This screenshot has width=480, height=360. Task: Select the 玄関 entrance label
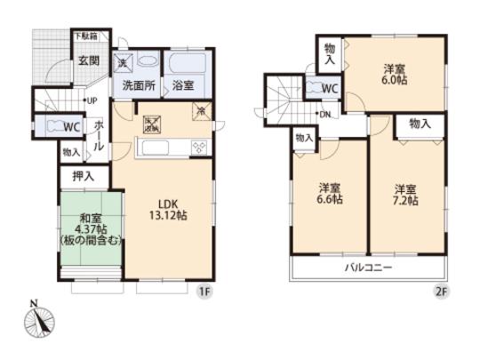[87, 60]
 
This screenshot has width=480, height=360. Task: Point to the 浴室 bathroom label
[184, 86]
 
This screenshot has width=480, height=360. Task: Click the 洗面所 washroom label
[140, 86]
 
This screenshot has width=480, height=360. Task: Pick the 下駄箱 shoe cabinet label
[86, 37]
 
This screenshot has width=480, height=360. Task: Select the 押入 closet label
[77, 177]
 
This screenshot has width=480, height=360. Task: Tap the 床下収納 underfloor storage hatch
[150, 124]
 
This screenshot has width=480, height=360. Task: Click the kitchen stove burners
[199, 148]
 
